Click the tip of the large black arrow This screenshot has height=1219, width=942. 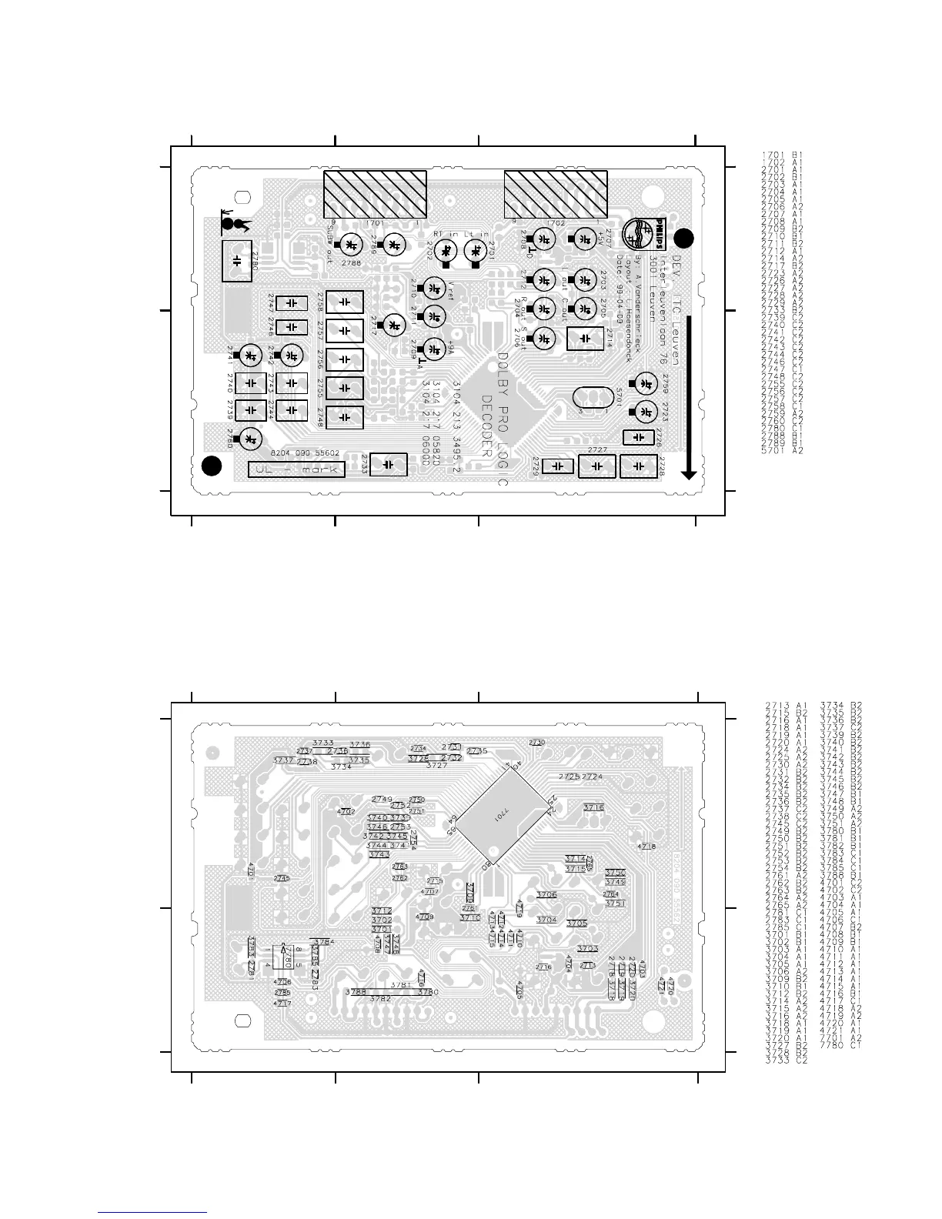pyautogui.click(x=689, y=477)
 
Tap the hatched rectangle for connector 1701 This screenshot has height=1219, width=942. pyautogui.click(x=375, y=193)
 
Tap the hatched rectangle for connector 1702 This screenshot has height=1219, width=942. pyautogui.click(x=555, y=193)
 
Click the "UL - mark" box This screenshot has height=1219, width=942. pyautogui.click(x=296, y=469)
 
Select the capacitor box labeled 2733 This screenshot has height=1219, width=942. pyautogui.click(x=388, y=465)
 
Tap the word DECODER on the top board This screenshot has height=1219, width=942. pyautogui.click(x=486, y=426)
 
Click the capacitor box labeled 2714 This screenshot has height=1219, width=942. pyautogui.click(x=585, y=338)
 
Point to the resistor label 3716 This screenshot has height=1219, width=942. pyautogui.click(x=593, y=807)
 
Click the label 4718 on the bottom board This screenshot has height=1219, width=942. pyautogui.click(x=647, y=847)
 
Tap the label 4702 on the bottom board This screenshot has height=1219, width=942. pyautogui.click(x=346, y=811)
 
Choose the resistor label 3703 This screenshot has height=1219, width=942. pyautogui.click(x=588, y=949)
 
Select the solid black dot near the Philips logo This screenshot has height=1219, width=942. pyautogui.click(x=684, y=238)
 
